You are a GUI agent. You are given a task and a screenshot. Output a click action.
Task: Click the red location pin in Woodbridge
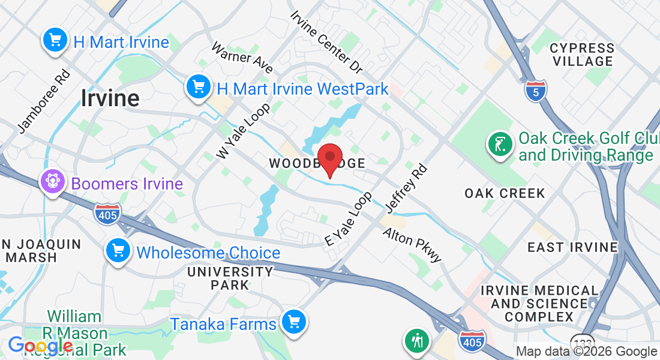pyautogui.click(x=329, y=158)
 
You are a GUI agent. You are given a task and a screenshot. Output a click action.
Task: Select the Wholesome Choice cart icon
pyautogui.click(x=118, y=251)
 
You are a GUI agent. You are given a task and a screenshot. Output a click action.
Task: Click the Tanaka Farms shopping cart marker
pyautogui.click(x=293, y=323)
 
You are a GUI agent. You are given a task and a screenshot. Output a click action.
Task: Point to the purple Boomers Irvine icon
pyautogui.click(x=52, y=182)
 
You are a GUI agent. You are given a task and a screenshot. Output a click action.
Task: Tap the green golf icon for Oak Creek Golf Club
pyautogui.click(x=499, y=145)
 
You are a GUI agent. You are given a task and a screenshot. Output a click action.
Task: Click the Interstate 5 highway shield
pyautogui.click(x=535, y=90)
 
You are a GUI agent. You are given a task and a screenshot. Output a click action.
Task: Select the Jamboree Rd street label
pyautogui.click(x=44, y=102)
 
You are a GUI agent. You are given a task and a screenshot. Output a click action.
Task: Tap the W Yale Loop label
pyautogui.click(x=244, y=130)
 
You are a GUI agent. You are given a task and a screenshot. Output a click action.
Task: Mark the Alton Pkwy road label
pyautogui.click(x=412, y=244)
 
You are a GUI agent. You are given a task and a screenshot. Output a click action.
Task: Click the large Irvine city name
pyautogui.click(x=110, y=98)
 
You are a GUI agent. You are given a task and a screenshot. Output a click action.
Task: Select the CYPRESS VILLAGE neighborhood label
pyautogui.click(x=582, y=55)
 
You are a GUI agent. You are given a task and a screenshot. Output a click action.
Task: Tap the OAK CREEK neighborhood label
pyautogui.click(x=505, y=193)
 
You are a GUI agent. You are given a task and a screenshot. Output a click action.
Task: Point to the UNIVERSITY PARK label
pyautogui.click(x=230, y=278)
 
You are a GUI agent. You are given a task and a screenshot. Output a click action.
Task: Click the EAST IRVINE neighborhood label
pyautogui.click(x=572, y=247)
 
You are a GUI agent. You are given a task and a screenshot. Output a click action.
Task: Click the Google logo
pyautogui.click(x=40, y=346)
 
